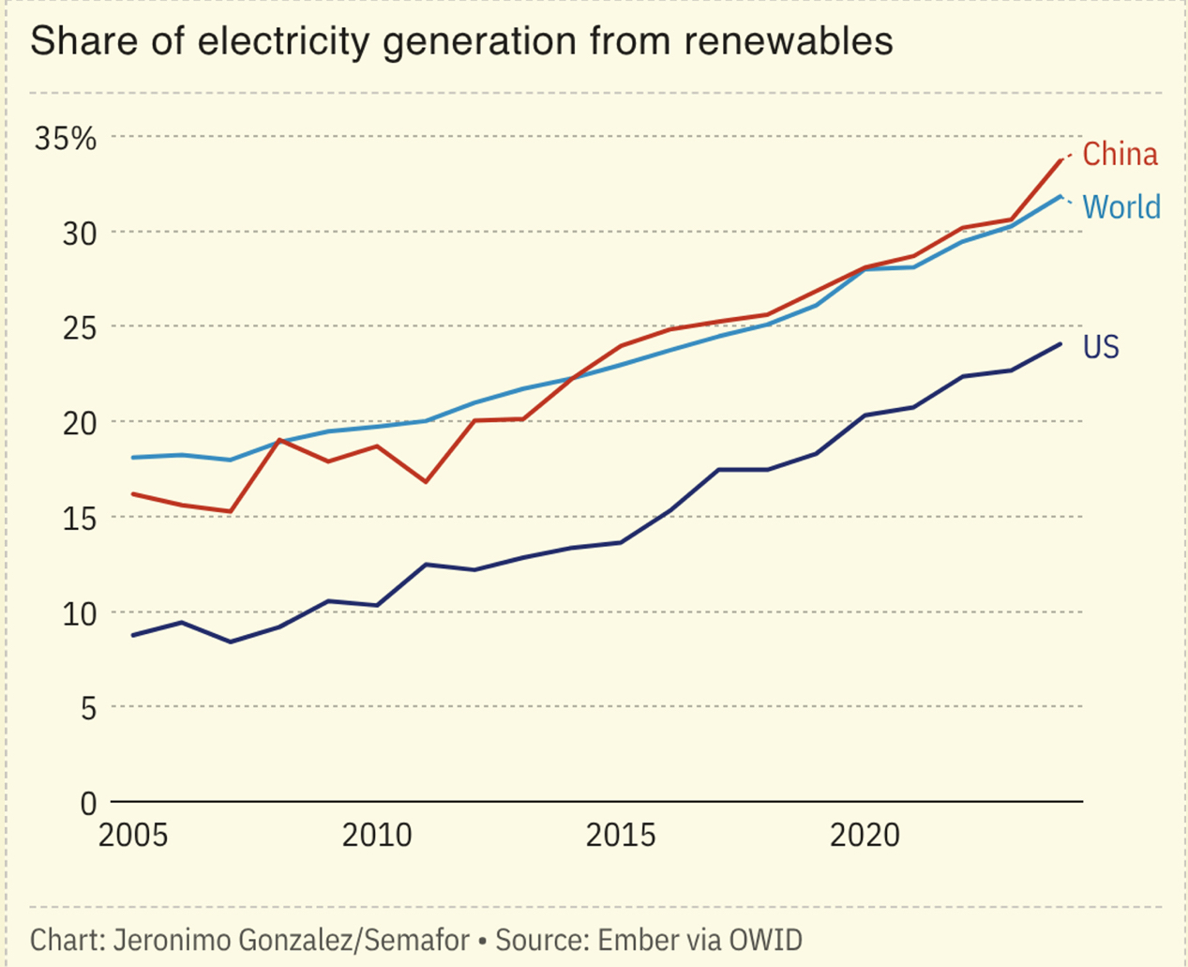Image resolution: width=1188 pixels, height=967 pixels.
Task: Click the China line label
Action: point(1120,154)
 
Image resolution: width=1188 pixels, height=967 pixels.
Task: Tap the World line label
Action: point(1121,206)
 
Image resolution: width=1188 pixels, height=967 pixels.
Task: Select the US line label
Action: point(1101,347)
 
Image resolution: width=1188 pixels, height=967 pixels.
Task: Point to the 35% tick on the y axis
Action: point(66,139)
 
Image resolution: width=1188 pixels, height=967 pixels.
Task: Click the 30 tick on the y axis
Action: point(80,234)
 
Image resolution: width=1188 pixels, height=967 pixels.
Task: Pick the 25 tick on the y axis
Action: point(80,328)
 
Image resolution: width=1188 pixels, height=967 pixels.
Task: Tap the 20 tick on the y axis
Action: point(80,423)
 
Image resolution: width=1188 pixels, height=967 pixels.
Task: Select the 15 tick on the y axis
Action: point(80,519)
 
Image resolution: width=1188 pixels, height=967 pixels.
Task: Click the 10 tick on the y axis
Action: point(80,613)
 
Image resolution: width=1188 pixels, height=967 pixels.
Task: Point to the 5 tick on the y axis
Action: point(88,708)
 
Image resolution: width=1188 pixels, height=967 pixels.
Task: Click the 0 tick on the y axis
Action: point(88,804)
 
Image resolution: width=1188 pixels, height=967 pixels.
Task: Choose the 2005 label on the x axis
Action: point(133,835)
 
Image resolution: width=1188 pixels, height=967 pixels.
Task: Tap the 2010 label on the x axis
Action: point(377,835)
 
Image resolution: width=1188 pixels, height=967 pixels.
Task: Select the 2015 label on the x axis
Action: point(621,835)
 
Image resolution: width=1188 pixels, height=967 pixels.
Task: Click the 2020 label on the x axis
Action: point(865,835)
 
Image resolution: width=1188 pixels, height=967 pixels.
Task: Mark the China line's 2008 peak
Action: point(279,439)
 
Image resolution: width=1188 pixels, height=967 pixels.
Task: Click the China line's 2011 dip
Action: point(426,482)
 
